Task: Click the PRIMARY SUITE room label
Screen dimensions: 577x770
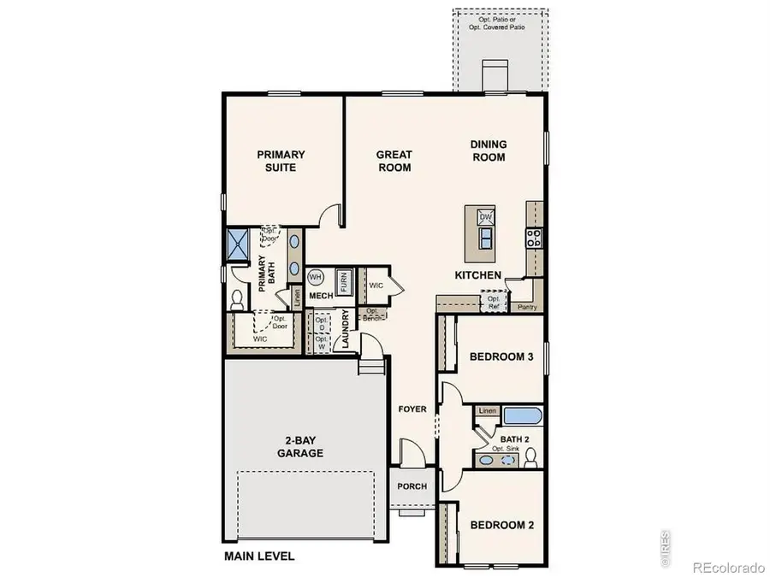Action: click(281, 161)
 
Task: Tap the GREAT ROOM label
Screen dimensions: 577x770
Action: click(394, 161)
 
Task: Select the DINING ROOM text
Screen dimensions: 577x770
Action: click(489, 150)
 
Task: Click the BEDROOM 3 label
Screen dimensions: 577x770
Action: click(501, 357)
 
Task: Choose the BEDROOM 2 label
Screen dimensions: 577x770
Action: click(501, 525)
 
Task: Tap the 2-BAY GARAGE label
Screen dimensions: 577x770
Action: click(299, 447)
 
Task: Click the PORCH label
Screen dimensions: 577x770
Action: click(412, 486)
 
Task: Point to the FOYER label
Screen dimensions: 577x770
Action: click(412, 409)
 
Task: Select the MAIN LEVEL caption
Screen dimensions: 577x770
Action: click(259, 556)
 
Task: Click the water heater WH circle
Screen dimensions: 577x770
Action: click(315, 277)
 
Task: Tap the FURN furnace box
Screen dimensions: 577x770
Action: click(344, 280)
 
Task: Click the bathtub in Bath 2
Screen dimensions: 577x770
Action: click(522, 416)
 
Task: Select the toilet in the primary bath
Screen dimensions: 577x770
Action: click(238, 297)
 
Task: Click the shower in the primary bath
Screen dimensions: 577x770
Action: click(236, 244)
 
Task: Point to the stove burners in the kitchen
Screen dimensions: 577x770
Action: click(535, 237)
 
